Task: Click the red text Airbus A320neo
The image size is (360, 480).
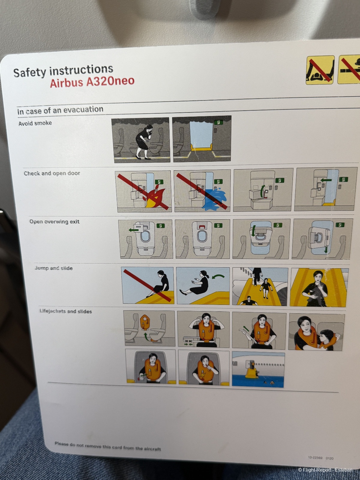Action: pyautogui.click(x=92, y=82)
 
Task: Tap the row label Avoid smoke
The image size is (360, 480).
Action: pyautogui.click(x=35, y=123)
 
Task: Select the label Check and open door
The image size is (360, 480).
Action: pyautogui.click(x=52, y=173)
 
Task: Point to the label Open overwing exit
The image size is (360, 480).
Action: pyautogui.click(x=54, y=221)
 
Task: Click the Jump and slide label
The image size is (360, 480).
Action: pyautogui.click(x=54, y=268)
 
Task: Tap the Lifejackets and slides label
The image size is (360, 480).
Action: pyautogui.click(x=66, y=311)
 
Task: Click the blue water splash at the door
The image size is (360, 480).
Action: pyautogui.click(x=214, y=199)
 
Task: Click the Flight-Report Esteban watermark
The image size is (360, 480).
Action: pyautogui.click(x=325, y=470)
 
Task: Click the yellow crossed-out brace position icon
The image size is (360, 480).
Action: pyautogui.click(x=320, y=70)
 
